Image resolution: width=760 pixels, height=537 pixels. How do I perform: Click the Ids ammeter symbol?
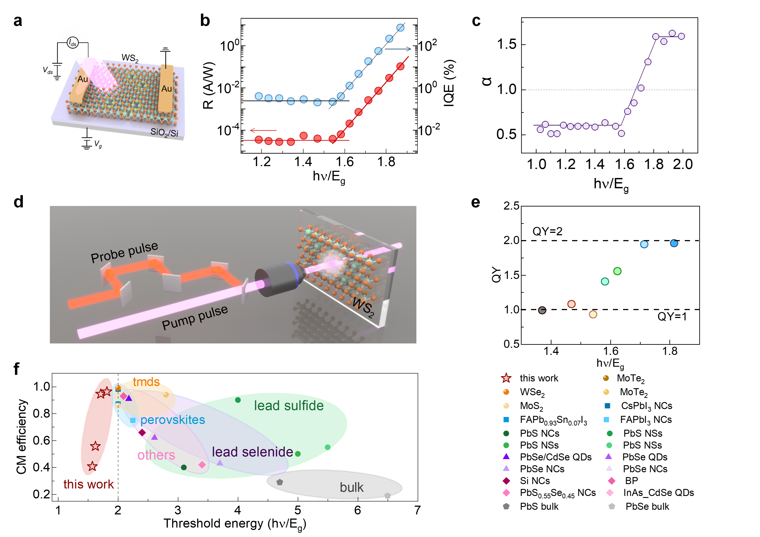[x=72, y=43]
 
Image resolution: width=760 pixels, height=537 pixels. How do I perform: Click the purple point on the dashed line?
[x=641, y=88]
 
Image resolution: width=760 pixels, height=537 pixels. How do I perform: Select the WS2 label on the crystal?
[x=363, y=307]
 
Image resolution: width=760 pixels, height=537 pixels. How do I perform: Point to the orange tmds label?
[x=146, y=382]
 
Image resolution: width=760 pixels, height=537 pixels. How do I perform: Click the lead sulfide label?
[x=289, y=406]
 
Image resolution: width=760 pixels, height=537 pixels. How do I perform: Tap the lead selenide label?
[x=252, y=452]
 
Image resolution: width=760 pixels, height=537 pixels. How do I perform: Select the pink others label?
[x=156, y=455]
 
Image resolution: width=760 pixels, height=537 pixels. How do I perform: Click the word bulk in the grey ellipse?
[x=352, y=487]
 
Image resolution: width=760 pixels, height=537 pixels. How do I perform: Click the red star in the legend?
[x=506, y=378]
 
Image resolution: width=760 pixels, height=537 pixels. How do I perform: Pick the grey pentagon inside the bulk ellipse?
[x=280, y=482]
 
